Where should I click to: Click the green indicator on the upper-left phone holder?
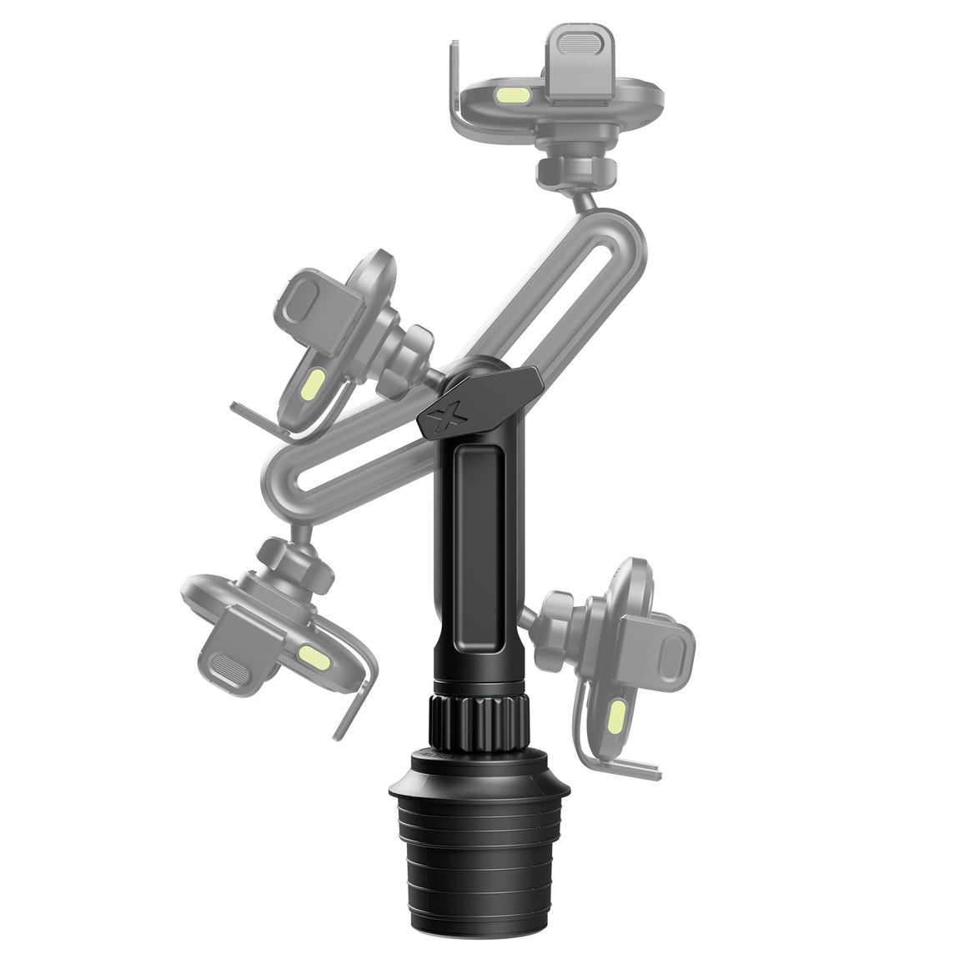click(312, 385)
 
